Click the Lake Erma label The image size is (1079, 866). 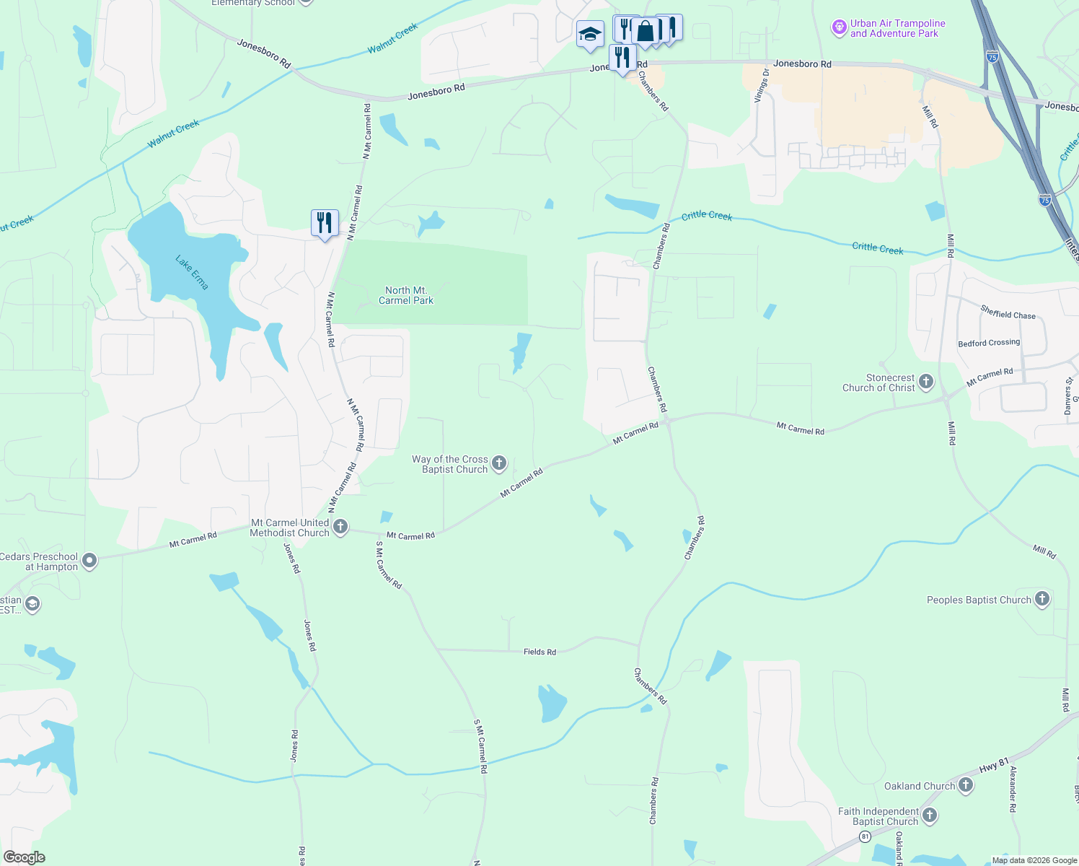(192, 272)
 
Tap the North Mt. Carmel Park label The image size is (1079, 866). (406, 295)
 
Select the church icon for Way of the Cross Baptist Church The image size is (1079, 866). (499, 463)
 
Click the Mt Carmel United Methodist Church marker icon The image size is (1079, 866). (340, 527)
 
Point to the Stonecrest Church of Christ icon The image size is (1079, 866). (926, 382)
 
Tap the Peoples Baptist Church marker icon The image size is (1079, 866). (1041, 599)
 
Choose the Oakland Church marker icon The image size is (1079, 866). (966, 785)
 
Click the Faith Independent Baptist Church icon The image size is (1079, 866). (930, 815)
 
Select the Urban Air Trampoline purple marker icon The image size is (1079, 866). (839, 28)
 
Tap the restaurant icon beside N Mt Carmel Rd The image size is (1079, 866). (325, 222)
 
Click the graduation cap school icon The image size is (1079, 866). (590, 33)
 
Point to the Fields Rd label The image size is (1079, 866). (539, 652)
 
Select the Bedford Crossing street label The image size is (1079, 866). (989, 343)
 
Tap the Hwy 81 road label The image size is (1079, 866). (993, 766)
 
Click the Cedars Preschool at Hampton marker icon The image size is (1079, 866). (89, 561)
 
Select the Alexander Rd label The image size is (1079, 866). (1013, 790)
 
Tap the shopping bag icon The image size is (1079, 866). (646, 31)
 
